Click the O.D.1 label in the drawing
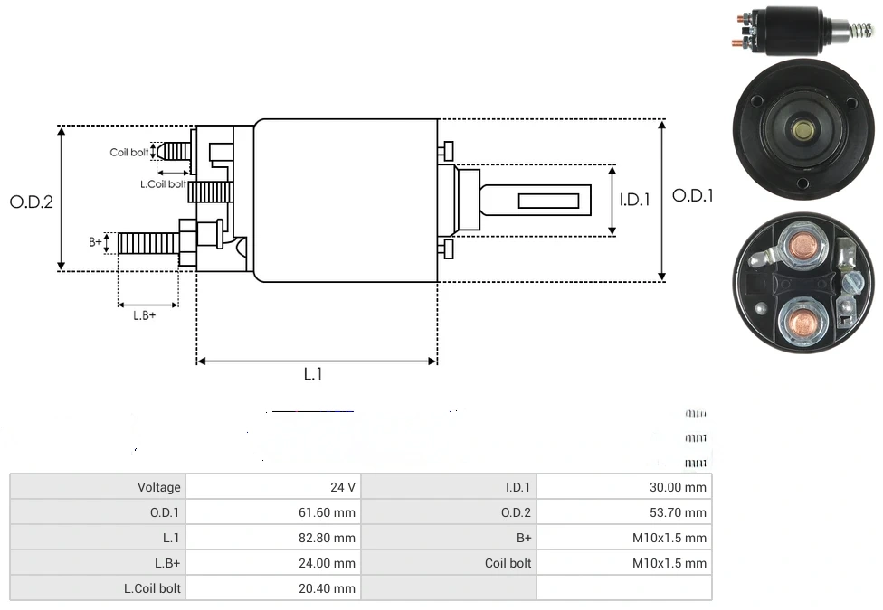coord(693,195)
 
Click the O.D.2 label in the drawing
coord(32,202)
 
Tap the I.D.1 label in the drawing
coord(634,200)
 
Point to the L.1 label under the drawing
coord(312,374)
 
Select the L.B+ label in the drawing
coord(145,315)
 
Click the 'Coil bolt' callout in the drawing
coord(129,152)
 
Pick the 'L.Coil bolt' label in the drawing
coord(164,183)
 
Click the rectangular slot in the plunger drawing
coord(549,197)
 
